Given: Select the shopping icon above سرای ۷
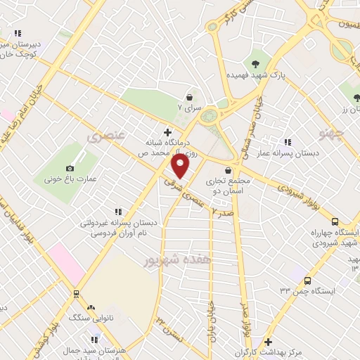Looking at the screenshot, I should tap(189, 96).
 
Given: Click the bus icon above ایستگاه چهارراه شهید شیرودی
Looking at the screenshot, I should tap(335, 220).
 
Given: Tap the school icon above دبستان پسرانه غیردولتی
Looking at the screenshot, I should tap(117, 212).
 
